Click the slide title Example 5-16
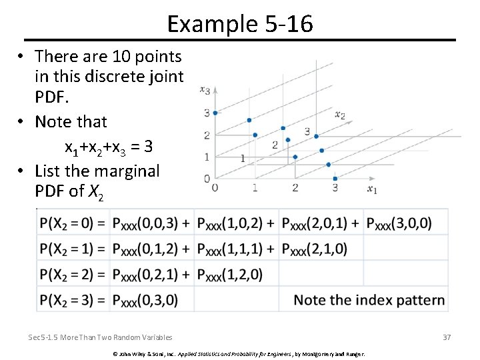240,24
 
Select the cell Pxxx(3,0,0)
399,223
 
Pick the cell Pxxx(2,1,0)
315,249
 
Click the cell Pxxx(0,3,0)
146,300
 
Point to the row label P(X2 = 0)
73,223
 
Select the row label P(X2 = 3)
73,300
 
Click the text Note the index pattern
369,300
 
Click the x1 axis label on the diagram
372,189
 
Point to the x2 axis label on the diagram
340,115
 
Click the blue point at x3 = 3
215,113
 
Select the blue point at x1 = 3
335,178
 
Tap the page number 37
447,337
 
